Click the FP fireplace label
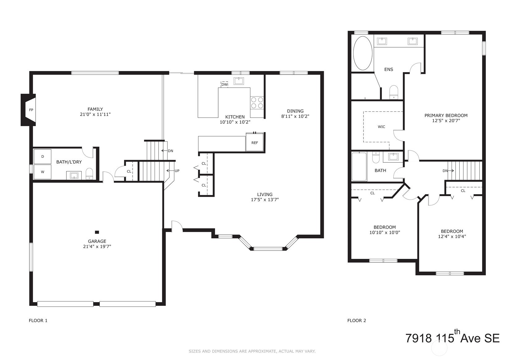pyautogui.click(x=31, y=110)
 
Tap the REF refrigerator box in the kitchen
pyautogui.click(x=255, y=143)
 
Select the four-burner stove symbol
pyautogui.click(x=257, y=103)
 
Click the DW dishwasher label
pyautogui.click(x=225, y=84)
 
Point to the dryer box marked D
pyautogui.click(x=43, y=156)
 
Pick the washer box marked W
pyautogui.click(x=43, y=172)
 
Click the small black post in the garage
pyautogui.click(x=97, y=232)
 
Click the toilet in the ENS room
pyautogui.click(x=394, y=92)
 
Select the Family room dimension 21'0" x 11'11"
pyautogui.click(x=95, y=114)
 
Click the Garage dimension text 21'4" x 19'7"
pyautogui.click(x=97, y=246)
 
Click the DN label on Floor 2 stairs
pyautogui.click(x=448, y=171)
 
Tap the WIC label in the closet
pyautogui.click(x=381, y=127)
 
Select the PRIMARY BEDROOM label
pyautogui.click(x=446, y=115)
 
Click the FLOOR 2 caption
pyautogui.click(x=357, y=320)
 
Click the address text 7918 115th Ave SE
pyautogui.click(x=452, y=338)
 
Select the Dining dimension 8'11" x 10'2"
pyautogui.click(x=295, y=116)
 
